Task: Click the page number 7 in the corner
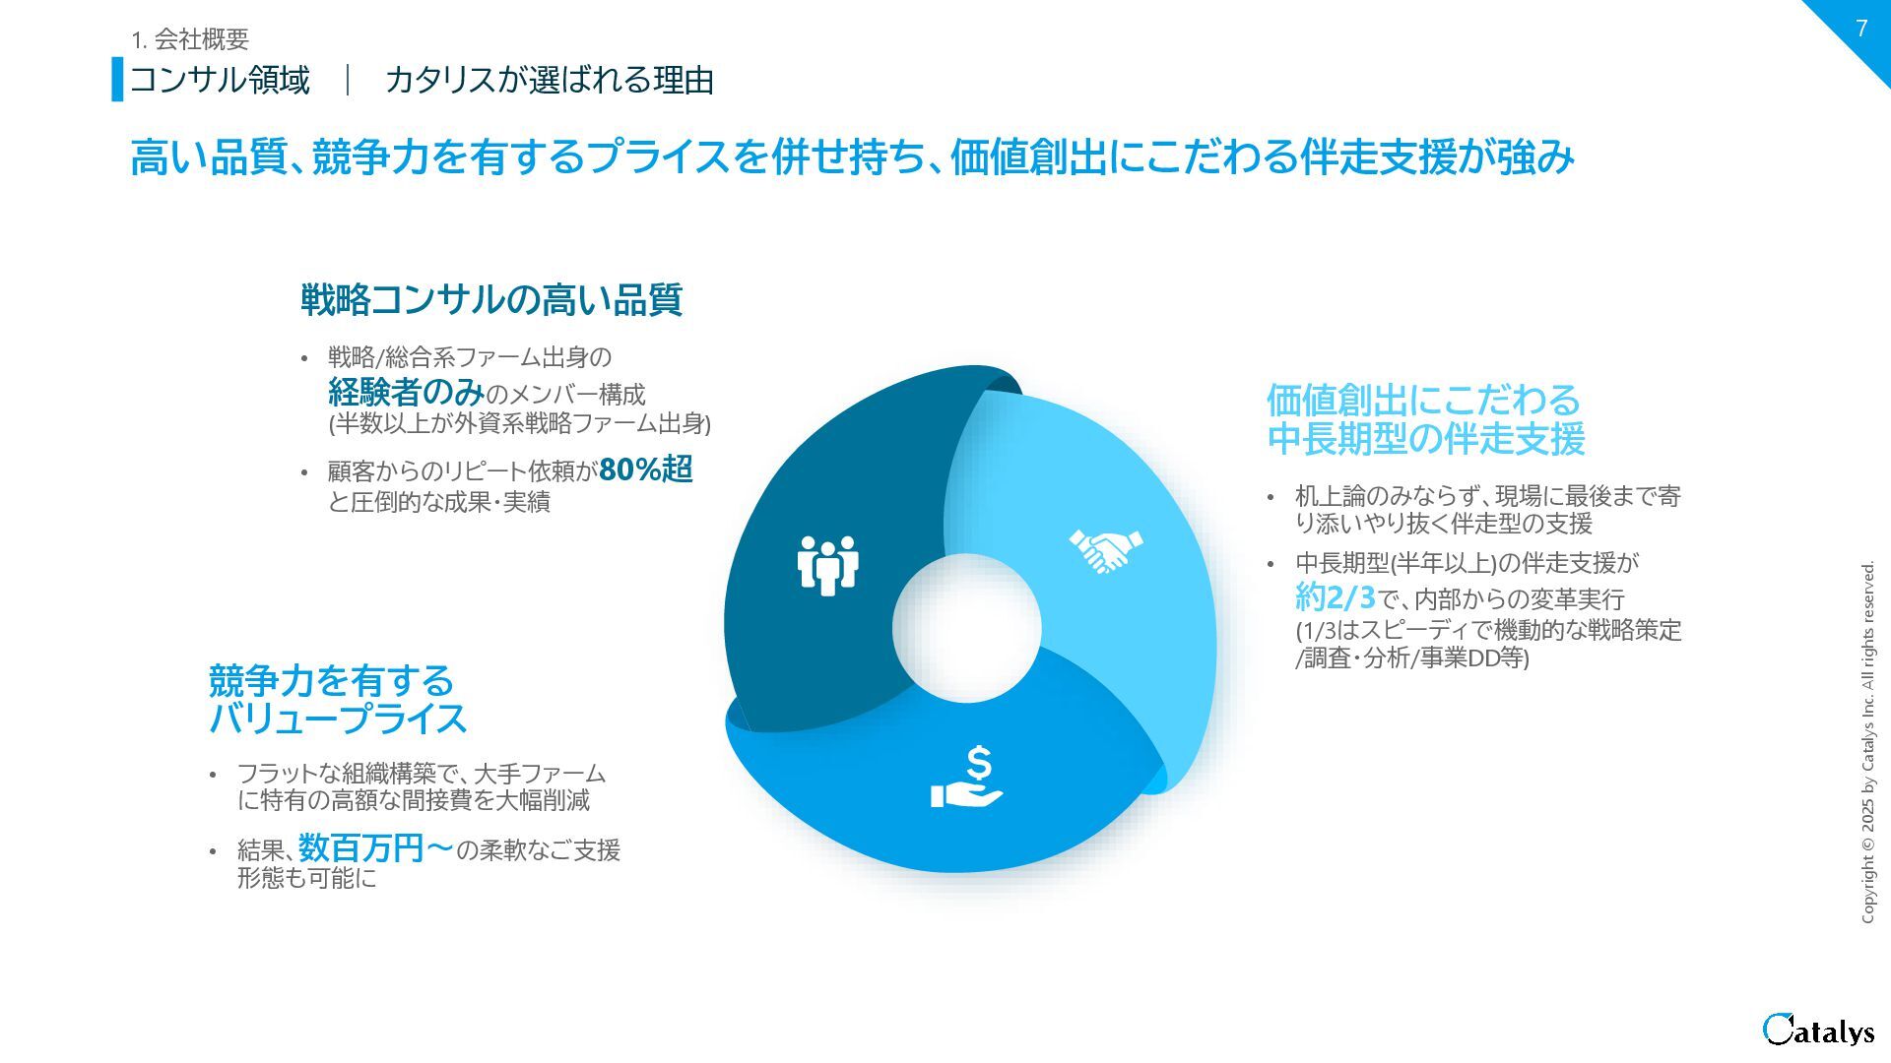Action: pyautogui.click(x=1860, y=29)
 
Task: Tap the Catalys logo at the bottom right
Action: pyautogui.click(x=1818, y=1030)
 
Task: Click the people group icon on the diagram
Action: pyautogui.click(x=827, y=565)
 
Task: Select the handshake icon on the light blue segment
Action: pyautogui.click(x=1106, y=551)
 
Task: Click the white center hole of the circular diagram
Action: pyautogui.click(x=966, y=629)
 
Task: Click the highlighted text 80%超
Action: pyautogui.click(x=646, y=469)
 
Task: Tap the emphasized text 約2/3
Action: pyautogui.click(x=1335, y=596)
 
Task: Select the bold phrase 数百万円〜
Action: pyautogui.click(x=376, y=847)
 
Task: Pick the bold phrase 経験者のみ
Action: pyautogui.click(x=406, y=393)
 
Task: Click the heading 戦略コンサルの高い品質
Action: pyautogui.click(x=490, y=299)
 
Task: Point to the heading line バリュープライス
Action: pyautogui.click(x=338, y=719)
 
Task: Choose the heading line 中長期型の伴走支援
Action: pyautogui.click(x=1425, y=439)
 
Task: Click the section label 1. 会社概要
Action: pyautogui.click(x=190, y=39)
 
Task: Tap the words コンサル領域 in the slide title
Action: pyautogui.click(x=220, y=80)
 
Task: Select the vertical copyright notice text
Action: pyautogui.click(x=1868, y=742)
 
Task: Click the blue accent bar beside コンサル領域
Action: pyautogui.click(x=117, y=79)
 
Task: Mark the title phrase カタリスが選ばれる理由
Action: pyautogui.click(x=549, y=80)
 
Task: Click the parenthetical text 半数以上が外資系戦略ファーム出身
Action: pyautogui.click(x=519, y=424)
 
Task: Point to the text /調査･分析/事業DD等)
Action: pyautogui.click(x=1411, y=657)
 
